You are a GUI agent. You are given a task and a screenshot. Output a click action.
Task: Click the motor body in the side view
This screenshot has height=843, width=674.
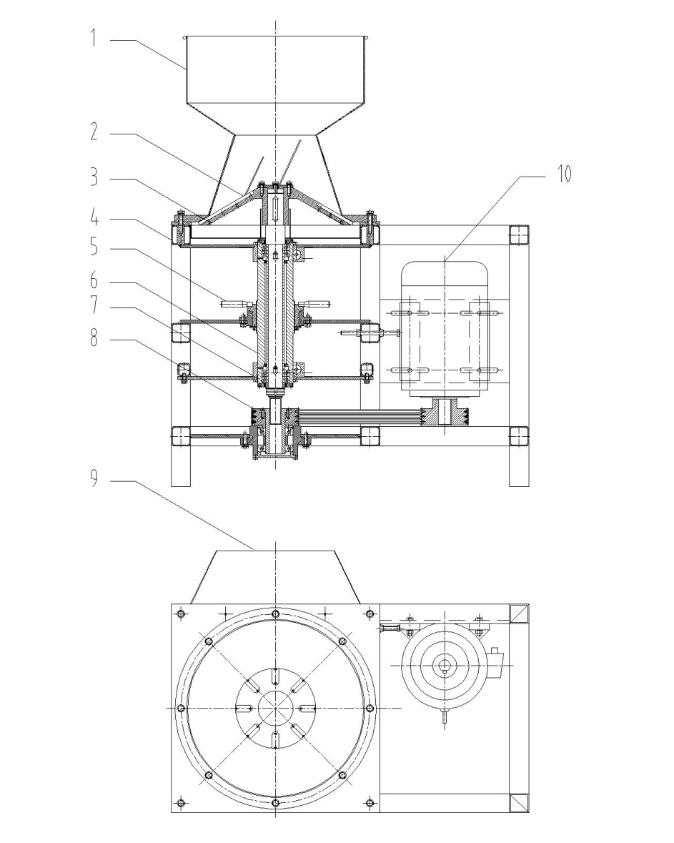pos(444,329)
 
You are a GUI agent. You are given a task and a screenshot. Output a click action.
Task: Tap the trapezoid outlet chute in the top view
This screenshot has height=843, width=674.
pos(276,576)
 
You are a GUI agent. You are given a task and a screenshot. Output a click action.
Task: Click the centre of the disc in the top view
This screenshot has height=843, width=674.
pos(276,708)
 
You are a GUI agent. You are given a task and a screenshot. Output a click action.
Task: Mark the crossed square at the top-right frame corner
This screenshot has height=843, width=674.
pos(519,613)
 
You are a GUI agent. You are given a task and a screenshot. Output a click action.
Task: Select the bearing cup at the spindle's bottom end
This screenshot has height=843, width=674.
pos(276,458)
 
